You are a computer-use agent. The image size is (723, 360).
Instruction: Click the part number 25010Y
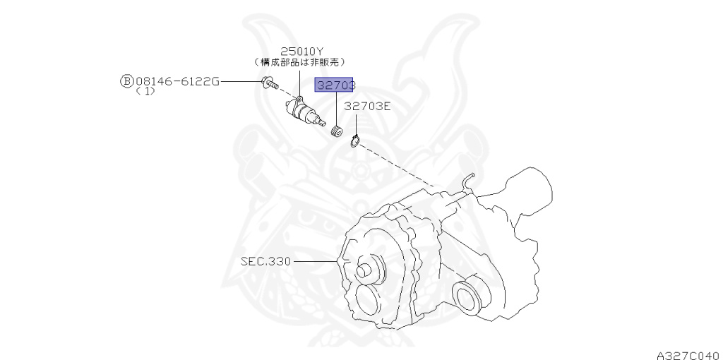pos(301,51)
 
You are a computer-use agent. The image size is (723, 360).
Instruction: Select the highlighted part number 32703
pos(335,86)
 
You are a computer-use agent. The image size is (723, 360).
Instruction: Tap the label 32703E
pos(367,106)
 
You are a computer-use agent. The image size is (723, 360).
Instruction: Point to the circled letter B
pos(126,81)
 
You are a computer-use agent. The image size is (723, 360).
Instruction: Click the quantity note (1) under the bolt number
pos(145,92)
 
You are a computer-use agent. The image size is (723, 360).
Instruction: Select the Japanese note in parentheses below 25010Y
pos(303,62)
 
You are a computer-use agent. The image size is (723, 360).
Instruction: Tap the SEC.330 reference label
pos(265,261)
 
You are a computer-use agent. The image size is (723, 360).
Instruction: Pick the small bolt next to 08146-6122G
pos(268,83)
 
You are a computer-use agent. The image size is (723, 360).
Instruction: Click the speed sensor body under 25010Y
pos(303,112)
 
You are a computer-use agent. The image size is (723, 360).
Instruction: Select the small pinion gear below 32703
pos(337,131)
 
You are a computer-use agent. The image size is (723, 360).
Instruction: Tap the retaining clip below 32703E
pos(355,140)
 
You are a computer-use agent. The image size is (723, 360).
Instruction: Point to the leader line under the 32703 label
pos(336,109)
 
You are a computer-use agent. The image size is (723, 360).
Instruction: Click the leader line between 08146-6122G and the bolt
pos(240,81)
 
